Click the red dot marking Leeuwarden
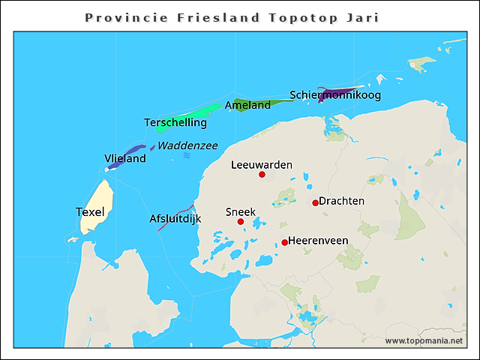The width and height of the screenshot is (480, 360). coord(262,175)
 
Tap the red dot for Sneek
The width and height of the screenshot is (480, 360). coord(241,222)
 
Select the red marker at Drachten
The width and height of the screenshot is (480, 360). coord(315,202)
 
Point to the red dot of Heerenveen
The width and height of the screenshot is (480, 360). coord(284,242)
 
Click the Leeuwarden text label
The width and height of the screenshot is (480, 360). coord(262,164)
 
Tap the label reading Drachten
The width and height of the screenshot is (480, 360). coord(342,201)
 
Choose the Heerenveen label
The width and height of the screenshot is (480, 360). coord(318,241)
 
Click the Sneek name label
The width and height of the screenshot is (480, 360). coord(240,212)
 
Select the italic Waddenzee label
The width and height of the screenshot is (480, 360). coord(187,145)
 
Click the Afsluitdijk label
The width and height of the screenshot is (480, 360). coord(175,219)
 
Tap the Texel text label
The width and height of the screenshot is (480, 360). coord(90,212)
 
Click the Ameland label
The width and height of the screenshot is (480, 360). coord(247,106)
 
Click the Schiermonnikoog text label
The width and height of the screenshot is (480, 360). coord(335,95)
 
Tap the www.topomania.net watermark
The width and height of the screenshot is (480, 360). coord(424,340)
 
